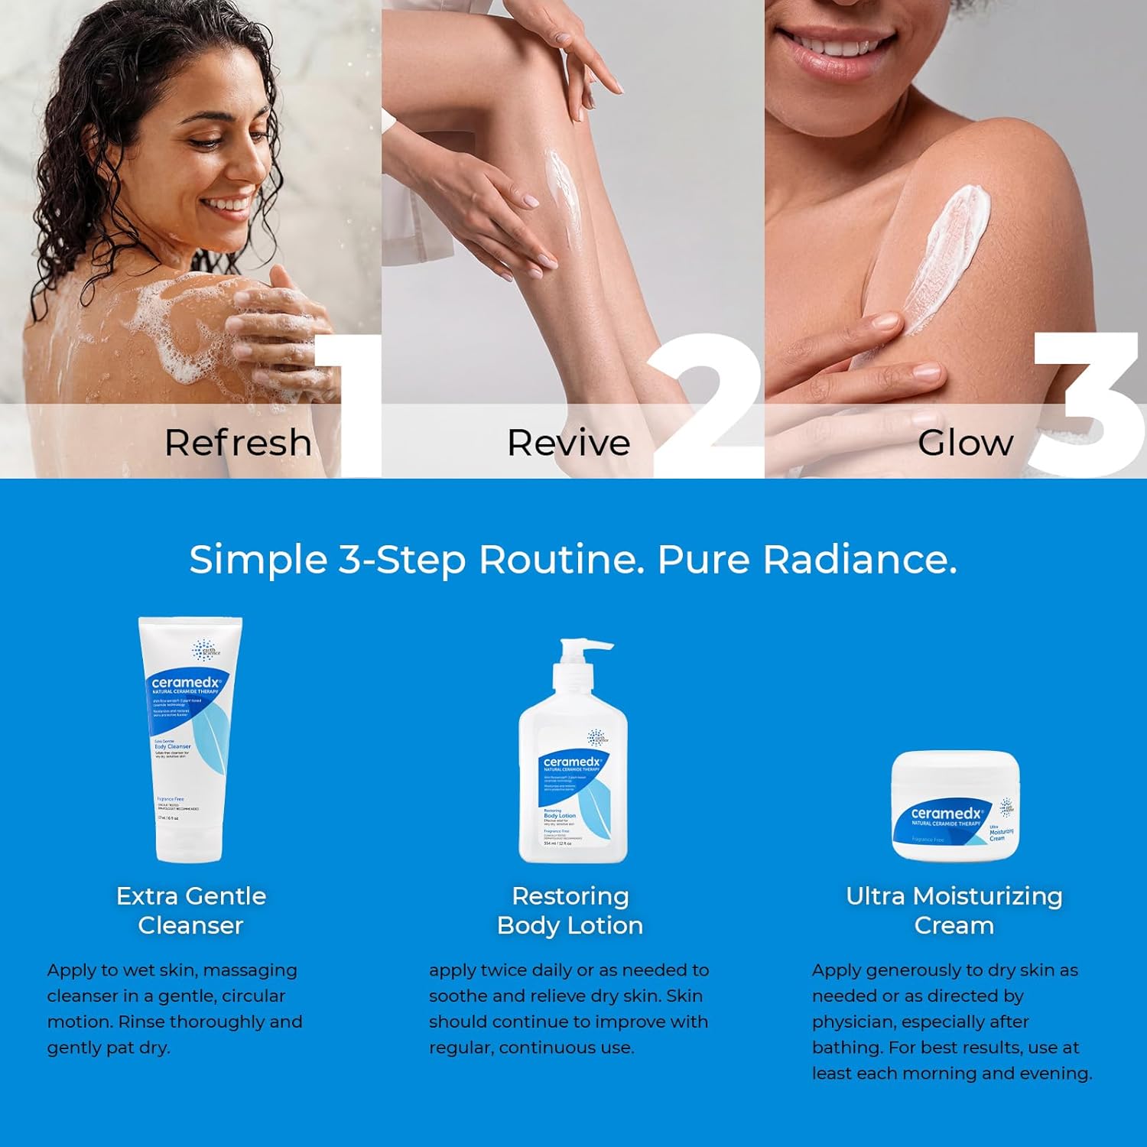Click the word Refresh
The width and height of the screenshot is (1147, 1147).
238,443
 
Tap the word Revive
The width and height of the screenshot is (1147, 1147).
568,443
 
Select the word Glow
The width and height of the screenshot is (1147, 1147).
965,443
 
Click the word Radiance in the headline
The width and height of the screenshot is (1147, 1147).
859,559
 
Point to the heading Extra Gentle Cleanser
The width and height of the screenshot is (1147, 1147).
190,910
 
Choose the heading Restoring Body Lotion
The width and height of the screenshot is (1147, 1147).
570,910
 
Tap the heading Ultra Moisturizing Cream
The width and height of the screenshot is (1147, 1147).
954,910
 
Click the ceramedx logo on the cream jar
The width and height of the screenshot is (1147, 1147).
946,814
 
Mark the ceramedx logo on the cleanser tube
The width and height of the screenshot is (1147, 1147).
186,682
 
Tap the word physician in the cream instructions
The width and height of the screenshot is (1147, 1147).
854,1022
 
